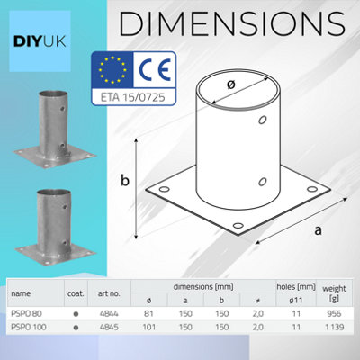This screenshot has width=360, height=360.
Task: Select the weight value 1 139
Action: click(x=335, y=327)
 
